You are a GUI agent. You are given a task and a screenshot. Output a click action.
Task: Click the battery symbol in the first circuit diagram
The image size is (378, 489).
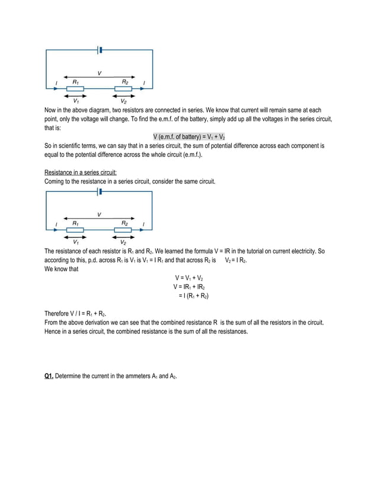click(x=99, y=50)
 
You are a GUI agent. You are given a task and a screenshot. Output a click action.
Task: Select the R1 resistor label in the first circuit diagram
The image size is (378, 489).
click(x=75, y=81)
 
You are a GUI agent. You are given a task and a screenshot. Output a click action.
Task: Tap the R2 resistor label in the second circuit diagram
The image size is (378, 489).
click(x=125, y=223)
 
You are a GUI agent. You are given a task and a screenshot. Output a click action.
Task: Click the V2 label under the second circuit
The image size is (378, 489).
click(x=123, y=242)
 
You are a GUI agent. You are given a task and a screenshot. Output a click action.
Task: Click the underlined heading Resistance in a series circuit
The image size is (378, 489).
click(x=80, y=172)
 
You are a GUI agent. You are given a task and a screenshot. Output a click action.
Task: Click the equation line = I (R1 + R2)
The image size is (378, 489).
click(x=193, y=295)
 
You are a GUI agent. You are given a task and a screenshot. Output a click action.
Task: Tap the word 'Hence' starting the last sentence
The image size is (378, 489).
click(x=53, y=332)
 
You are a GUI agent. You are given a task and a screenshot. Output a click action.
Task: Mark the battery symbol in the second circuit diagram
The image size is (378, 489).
click(x=99, y=192)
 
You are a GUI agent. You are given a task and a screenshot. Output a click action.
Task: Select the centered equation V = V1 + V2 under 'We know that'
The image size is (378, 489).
click(x=189, y=278)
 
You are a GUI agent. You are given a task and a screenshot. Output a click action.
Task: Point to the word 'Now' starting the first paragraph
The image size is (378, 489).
click(x=52, y=110)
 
